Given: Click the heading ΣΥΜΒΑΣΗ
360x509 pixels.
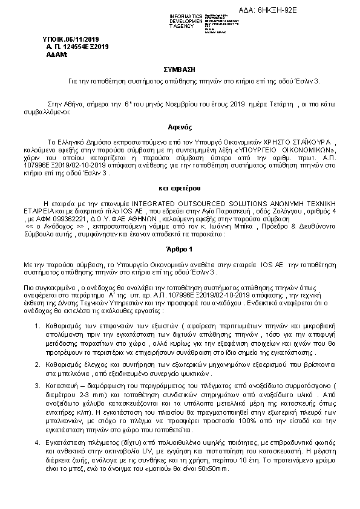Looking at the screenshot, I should [x=179, y=70].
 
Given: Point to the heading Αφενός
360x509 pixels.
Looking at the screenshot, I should [x=180, y=128].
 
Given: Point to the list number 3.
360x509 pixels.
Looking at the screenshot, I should [x=38, y=384].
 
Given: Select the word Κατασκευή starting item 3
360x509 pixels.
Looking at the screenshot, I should [x=64, y=384].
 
